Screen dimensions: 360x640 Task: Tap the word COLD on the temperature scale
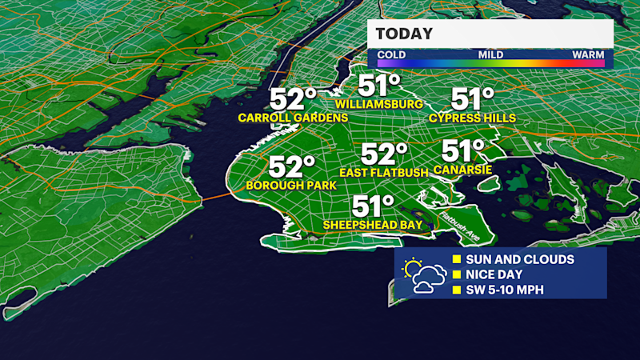click(x=391, y=55)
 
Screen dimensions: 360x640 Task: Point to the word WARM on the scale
click(x=587, y=55)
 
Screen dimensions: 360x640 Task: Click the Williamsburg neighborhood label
click(x=379, y=104)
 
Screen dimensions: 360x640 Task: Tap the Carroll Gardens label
click(x=293, y=118)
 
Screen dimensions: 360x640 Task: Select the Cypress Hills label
click(x=472, y=118)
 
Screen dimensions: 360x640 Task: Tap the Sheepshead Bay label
click(x=373, y=226)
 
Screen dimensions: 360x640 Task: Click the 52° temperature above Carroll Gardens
click(x=293, y=99)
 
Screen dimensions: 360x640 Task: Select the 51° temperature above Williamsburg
click(x=379, y=85)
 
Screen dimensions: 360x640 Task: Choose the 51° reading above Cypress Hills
click(x=472, y=99)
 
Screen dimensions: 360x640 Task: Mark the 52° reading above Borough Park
click(x=290, y=167)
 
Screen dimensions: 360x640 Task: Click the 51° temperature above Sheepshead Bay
click(x=374, y=206)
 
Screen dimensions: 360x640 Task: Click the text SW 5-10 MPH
click(x=504, y=289)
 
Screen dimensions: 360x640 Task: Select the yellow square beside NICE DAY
click(x=457, y=274)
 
